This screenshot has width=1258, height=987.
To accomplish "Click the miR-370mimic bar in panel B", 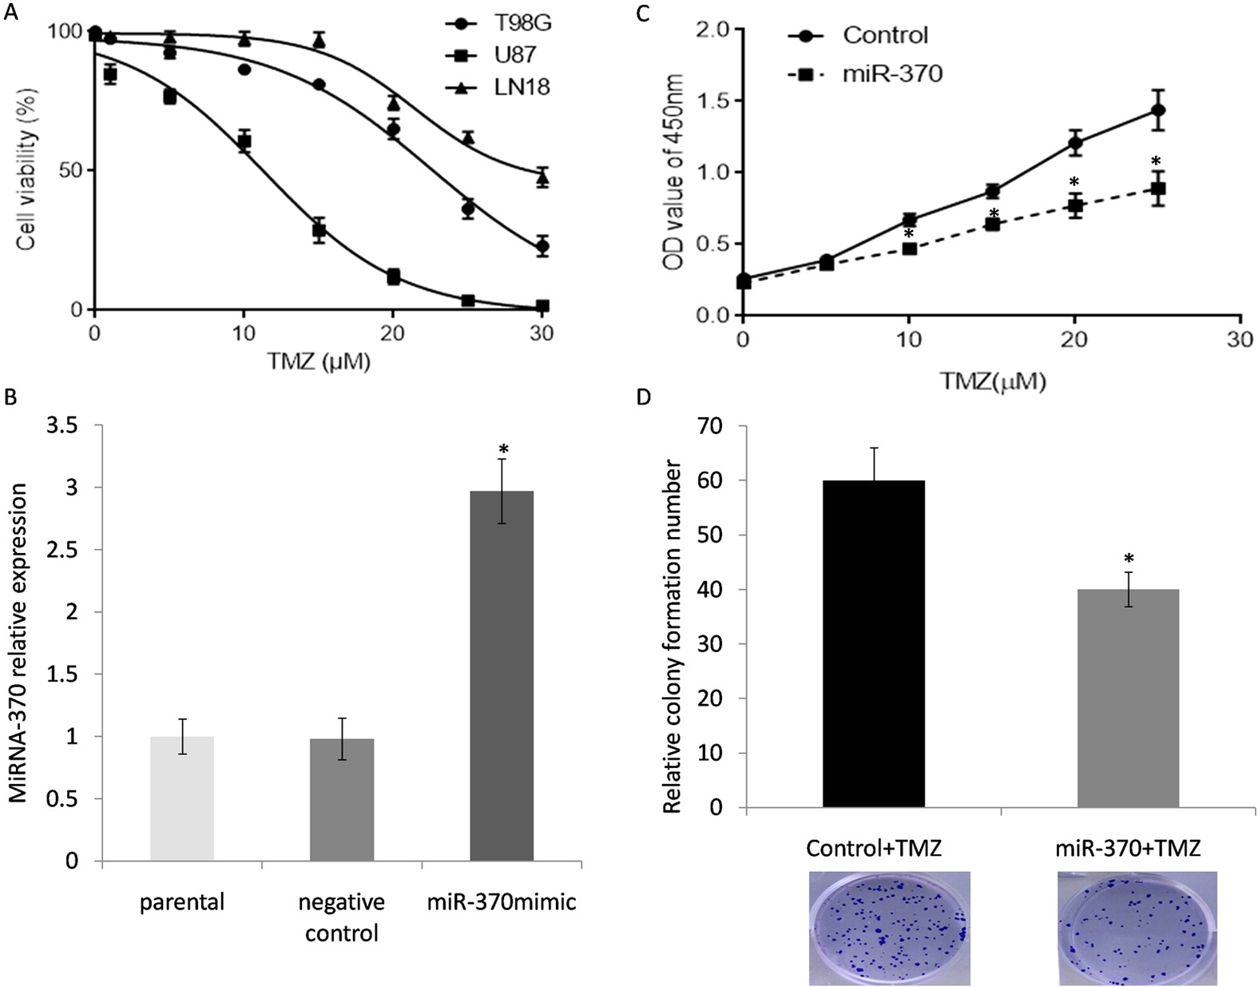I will tap(502, 675).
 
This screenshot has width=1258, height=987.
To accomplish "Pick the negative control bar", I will tap(342, 799).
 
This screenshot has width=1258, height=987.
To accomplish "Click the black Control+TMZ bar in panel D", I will tap(874, 643).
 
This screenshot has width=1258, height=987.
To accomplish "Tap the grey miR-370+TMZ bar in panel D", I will tap(1128, 698).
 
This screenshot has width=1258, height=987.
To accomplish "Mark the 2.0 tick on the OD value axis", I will tap(712, 30).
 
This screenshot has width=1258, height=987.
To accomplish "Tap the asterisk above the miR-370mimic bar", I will tap(503, 449).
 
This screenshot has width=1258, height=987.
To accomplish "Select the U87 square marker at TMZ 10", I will tap(244, 141).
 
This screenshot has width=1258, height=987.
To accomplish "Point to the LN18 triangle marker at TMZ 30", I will tap(542, 177).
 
